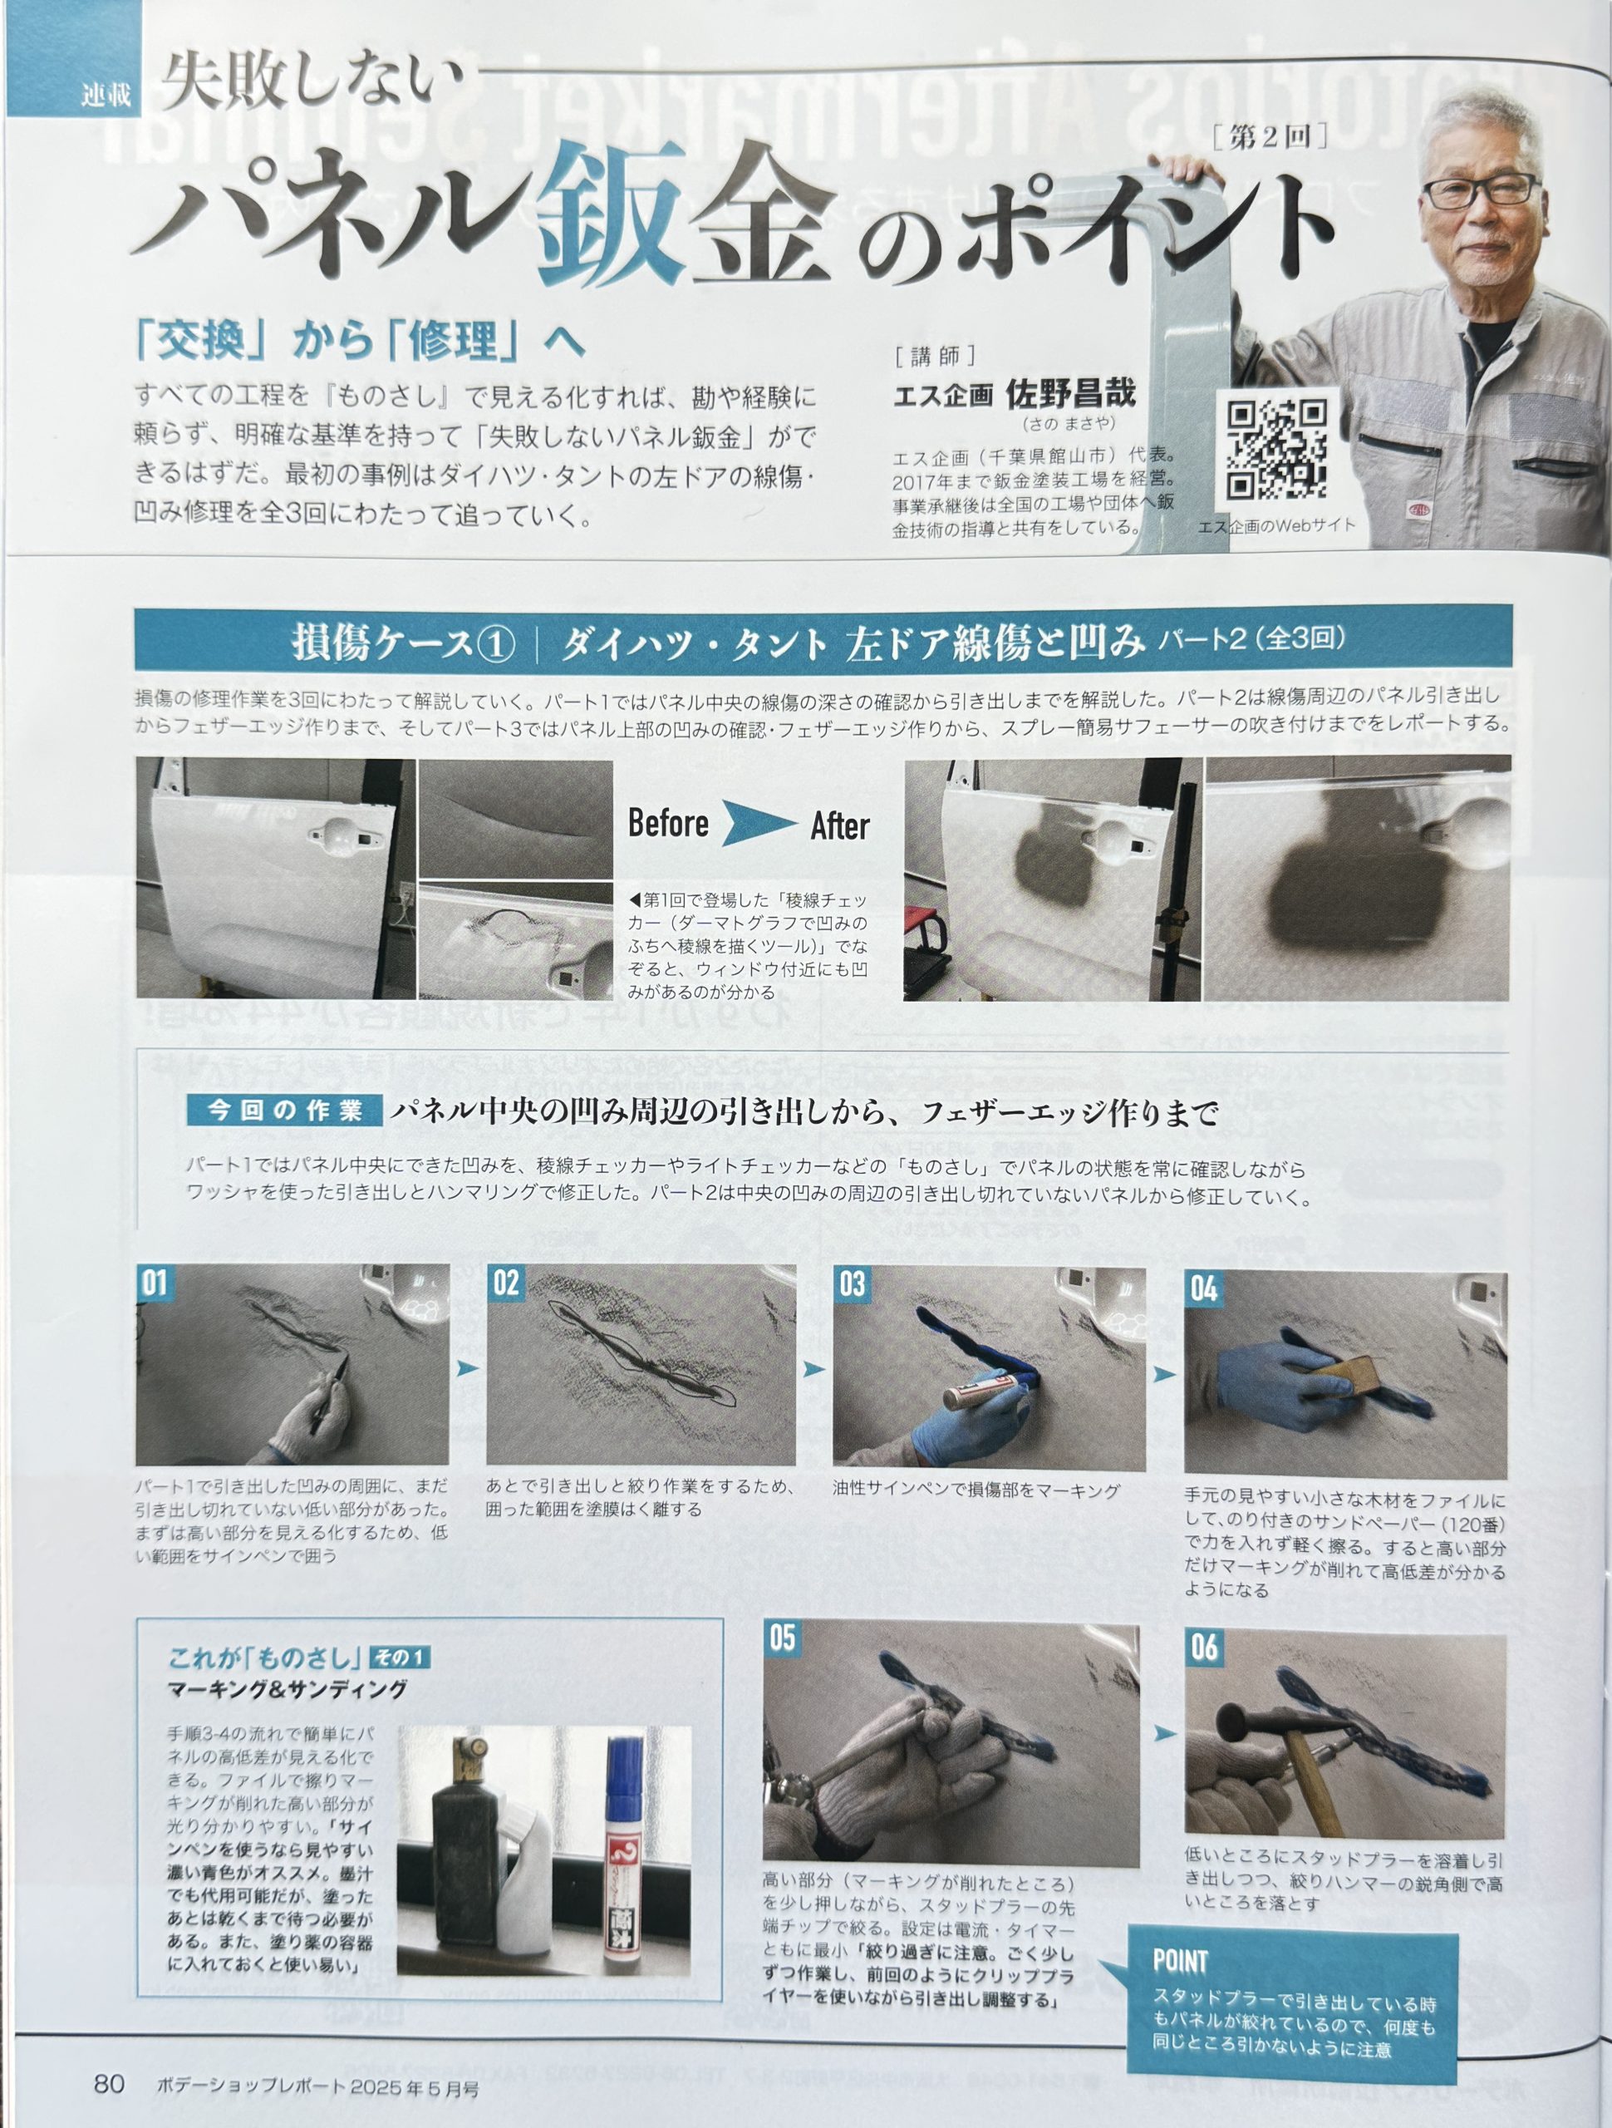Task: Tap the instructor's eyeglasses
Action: click(1482, 190)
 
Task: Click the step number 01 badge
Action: click(154, 1283)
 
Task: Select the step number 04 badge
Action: click(1204, 1289)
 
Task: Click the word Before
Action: click(668, 824)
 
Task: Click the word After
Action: click(840, 826)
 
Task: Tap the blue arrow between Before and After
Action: click(759, 824)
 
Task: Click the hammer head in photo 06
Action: click(1259, 1719)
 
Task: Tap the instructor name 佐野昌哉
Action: click(1070, 392)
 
